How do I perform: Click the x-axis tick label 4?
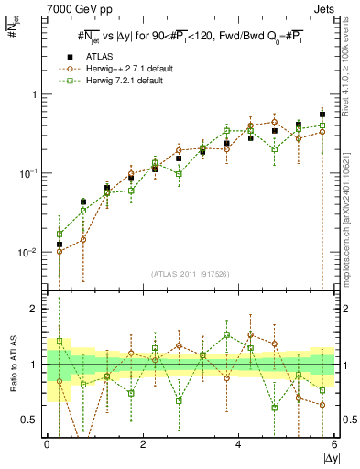pyautogui.click(x=238, y=444)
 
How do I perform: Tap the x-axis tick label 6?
pyautogui.click(x=333, y=444)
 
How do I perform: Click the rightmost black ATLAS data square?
pyautogui.click(x=322, y=115)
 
